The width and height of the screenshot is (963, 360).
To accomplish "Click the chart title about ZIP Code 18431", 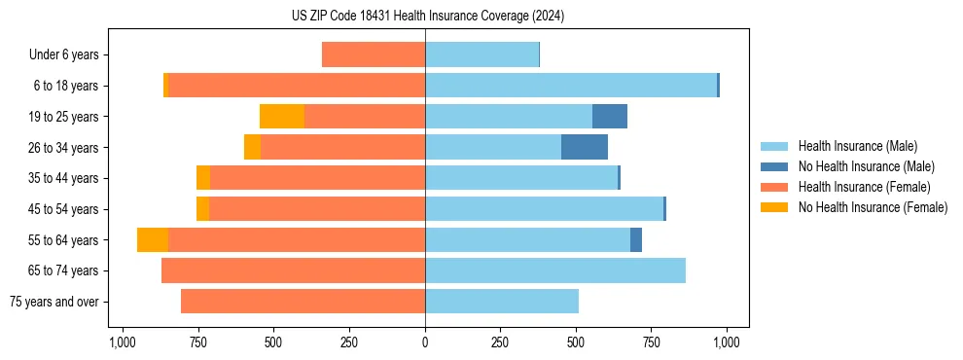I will click(x=427, y=16).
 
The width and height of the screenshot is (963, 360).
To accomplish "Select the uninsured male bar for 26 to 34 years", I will click(x=585, y=147).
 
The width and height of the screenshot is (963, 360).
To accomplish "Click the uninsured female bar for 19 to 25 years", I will click(x=282, y=117).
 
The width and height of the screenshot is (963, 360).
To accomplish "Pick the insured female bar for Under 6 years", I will click(x=374, y=54).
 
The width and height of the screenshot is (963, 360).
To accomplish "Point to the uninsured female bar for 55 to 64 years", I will click(x=153, y=239).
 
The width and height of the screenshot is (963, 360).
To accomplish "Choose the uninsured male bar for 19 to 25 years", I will click(x=610, y=117).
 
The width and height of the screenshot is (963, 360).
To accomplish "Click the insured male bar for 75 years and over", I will click(x=502, y=302).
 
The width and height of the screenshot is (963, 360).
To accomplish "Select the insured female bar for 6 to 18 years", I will click(x=297, y=86).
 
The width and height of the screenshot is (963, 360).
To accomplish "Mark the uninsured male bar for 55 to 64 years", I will click(x=636, y=239).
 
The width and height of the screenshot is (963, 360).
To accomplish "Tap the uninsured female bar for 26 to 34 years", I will click(x=252, y=147).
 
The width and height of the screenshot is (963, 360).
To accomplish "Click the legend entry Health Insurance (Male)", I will click(x=857, y=146).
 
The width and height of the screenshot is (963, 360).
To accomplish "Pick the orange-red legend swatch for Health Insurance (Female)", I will click(x=774, y=187).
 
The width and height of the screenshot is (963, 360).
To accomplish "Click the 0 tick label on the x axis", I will click(x=425, y=342).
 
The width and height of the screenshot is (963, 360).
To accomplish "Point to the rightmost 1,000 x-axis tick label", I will click(x=727, y=342).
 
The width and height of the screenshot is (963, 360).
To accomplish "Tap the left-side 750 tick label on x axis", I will click(x=197, y=342).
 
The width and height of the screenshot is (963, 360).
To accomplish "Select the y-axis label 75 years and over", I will click(x=53, y=302).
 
